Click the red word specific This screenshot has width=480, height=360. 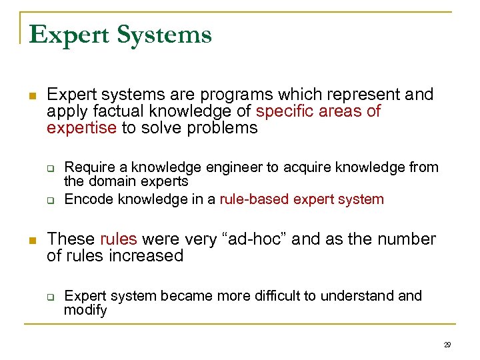coord(283,111)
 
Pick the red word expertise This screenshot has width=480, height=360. coord(81,128)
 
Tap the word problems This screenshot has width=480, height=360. coord(224,128)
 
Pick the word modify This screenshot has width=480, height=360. coord(85,310)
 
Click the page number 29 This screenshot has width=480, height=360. coord(447,345)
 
